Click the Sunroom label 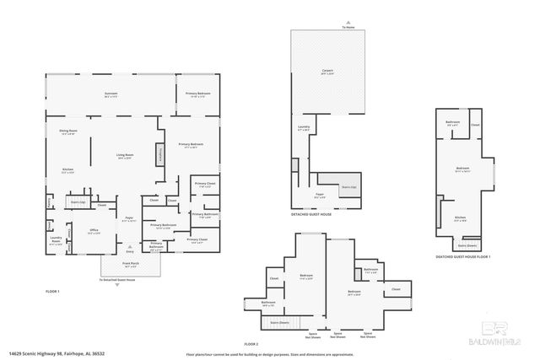(x=111, y=94)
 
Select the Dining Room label (x=68, y=132)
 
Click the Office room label (x=95, y=232)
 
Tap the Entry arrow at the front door (x=130, y=252)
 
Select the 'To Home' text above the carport (x=348, y=28)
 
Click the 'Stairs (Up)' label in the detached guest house (x=348, y=187)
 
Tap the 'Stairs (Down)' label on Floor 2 (x=279, y=322)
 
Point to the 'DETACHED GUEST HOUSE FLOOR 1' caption (x=463, y=256)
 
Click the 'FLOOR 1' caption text (x=53, y=290)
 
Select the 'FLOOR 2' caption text (x=251, y=344)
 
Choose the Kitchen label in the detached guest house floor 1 (x=460, y=218)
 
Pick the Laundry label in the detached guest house (x=303, y=129)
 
